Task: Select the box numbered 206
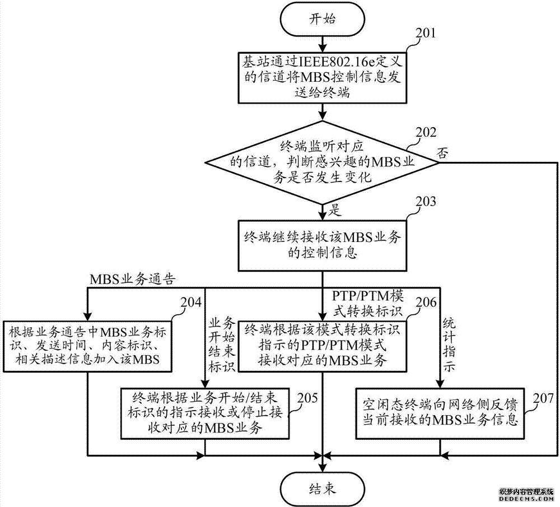(323, 345)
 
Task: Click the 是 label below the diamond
(334, 211)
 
